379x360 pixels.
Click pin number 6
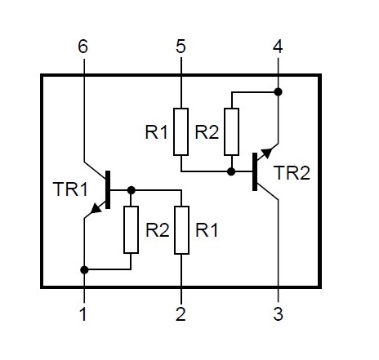coord(82,47)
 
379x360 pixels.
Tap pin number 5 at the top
coord(181,47)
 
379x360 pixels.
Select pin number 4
coord(278,47)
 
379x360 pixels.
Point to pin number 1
coord(83,314)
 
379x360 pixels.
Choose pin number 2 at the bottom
coord(181,314)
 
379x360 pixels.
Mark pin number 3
coord(278,314)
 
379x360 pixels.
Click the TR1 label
coord(70,189)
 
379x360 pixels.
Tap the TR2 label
coord(292,173)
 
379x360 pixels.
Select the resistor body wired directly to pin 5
coord(181,132)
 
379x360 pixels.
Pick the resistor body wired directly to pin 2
coord(181,230)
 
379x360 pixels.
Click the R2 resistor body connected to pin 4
coord(231,132)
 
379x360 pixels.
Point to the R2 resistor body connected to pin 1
coord(131,230)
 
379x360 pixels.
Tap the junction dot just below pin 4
coord(278,92)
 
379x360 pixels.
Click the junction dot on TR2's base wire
coord(231,171)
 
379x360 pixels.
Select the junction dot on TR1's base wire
coord(132,190)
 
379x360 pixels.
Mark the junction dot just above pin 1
coord(84,270)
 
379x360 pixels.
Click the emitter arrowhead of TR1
coord(96,208)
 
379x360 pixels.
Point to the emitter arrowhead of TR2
coord(267,153)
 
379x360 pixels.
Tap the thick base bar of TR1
coord(108,189)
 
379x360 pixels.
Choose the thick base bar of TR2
coord(255,171)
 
